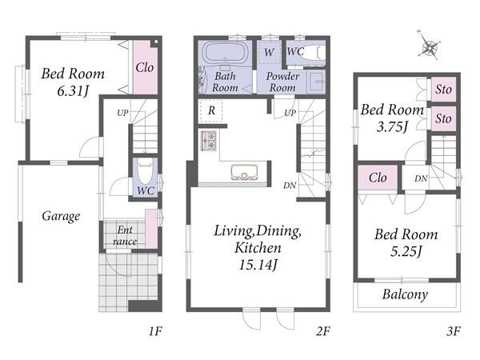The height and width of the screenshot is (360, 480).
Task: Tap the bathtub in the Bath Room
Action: click(226, 54)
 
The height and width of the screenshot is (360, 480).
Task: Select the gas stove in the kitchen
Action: click(209, 141)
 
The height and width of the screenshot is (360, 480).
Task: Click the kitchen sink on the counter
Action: click(244, 172)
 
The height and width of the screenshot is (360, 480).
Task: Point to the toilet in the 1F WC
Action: click(145, 170)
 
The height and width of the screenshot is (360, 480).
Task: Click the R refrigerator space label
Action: click(211, 110)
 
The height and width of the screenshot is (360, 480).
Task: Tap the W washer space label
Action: click(269, 52)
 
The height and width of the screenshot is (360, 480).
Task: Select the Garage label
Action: click(61, 217)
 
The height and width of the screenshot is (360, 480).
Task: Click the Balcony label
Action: click(405, 294)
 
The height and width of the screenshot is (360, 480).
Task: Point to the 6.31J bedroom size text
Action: click(73, 90)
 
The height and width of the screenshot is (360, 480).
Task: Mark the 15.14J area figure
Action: click(258, 264)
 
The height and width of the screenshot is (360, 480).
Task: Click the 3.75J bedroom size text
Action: click(393, 126)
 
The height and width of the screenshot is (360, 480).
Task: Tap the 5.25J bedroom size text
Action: click(406, 251)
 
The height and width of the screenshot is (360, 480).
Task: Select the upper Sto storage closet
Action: click(443, 90)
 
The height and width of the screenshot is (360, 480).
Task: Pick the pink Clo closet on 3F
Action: click(378, 178)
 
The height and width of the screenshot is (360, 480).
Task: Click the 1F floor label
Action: click(155, 331)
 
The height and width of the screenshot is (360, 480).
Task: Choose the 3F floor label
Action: click(454, 331)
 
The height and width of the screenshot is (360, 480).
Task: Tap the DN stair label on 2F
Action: click(290, 185)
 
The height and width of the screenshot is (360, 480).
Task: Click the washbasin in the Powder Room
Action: click(317, 82)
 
